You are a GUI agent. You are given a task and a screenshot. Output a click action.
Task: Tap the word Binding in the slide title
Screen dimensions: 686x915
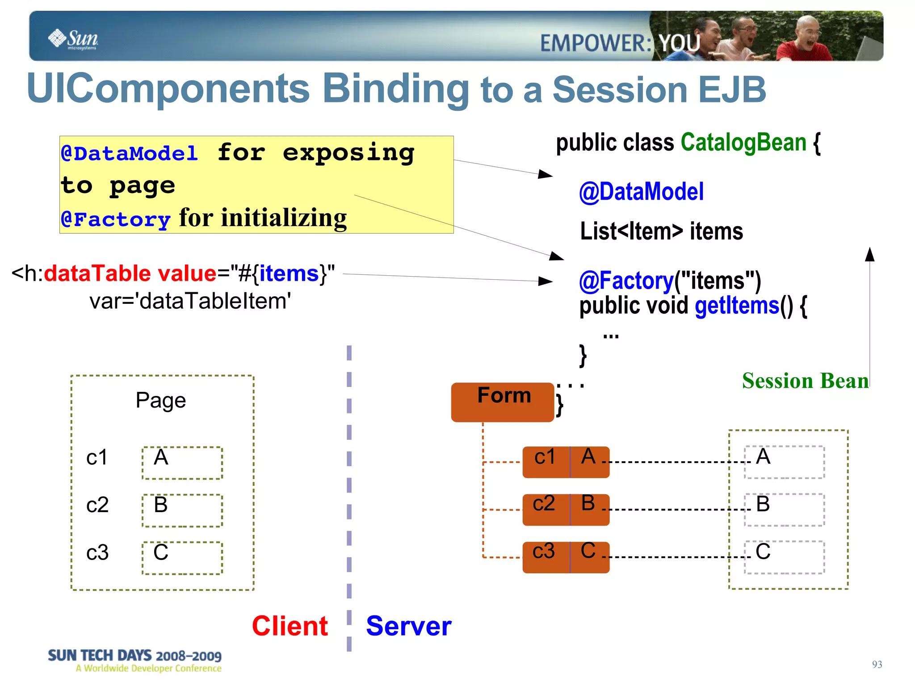395,88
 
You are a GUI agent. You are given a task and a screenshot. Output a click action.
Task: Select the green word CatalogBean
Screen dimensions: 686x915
743,143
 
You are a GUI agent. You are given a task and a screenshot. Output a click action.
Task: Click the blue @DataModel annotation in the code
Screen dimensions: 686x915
641,192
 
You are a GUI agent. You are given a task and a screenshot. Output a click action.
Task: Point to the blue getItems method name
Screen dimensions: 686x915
737,306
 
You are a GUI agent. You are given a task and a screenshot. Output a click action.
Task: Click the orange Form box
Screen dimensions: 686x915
503,401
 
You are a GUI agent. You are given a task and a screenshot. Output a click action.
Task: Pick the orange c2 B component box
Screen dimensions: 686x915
566,509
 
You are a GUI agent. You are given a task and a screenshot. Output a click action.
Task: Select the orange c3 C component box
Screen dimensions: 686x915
566,557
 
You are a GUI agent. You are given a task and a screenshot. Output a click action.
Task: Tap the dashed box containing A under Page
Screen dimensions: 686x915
182,463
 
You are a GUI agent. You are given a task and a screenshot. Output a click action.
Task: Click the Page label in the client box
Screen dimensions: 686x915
161,400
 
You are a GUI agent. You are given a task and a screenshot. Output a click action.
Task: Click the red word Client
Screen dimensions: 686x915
290,626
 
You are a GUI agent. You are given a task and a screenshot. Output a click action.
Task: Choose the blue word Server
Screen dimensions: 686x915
408,626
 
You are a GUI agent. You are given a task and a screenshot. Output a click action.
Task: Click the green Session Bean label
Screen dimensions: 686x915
805,381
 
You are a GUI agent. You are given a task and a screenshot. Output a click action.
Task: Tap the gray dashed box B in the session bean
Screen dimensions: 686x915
784,509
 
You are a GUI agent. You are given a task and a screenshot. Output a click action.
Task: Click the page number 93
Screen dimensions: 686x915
877,664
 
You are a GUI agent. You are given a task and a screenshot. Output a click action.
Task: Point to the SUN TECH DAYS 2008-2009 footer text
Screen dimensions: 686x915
134,656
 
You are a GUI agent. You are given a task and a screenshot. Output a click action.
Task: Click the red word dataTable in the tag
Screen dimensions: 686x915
97,273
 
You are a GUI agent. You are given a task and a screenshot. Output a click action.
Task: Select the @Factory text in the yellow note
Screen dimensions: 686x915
116,219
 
